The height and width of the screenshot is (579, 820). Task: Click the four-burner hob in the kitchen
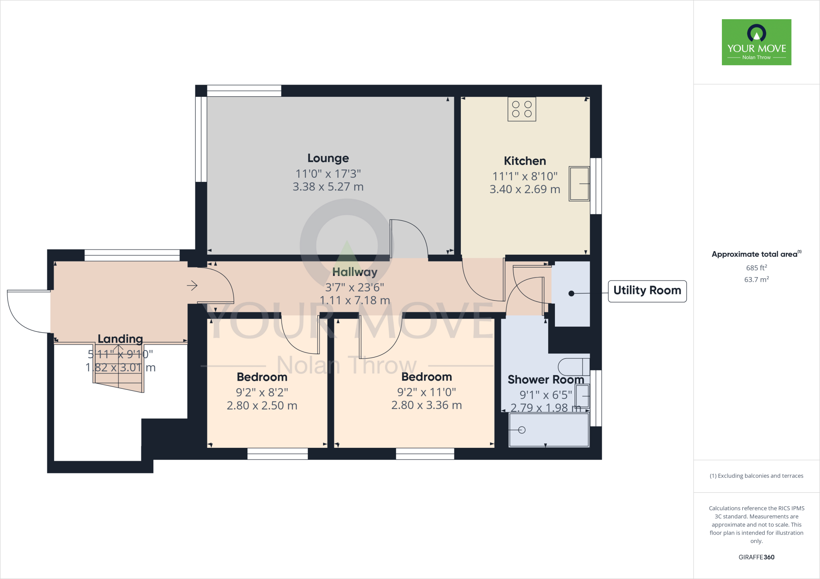click(x=522, y=109)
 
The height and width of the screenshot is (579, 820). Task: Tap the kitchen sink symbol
click(x=579, y=184)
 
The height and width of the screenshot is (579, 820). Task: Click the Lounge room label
click(x=328, y=158)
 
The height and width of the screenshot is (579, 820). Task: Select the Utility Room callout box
click(x=647, y=291)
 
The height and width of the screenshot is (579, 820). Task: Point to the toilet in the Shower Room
click(x=573, y=366)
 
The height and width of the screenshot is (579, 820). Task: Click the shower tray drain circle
click(x=521, y=430)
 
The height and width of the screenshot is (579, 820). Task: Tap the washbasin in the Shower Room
click(x=583, y=396)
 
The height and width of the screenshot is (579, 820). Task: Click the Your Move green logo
click(x=756, y=42)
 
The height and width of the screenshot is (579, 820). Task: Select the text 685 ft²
click(x=756, y=268)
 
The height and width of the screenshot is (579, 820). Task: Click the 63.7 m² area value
click(x=756, y=280)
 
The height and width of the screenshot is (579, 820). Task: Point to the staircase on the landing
click(x=119, y=368)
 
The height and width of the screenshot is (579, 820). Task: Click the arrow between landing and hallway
click(x=192, y=286)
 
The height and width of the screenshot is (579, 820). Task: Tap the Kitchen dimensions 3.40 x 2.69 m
click(x=525, y=190)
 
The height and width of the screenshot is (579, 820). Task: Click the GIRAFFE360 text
click(x=756, y=557)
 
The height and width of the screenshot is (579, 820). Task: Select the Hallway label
click(x=355, y=272)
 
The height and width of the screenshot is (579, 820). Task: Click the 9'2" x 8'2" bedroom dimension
click(x=262, y=393)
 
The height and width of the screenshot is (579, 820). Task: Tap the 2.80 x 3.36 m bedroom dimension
click(x=426, y=405)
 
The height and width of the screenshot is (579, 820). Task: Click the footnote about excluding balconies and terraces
click(x=756, y=476)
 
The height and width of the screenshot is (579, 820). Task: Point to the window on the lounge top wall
click(x=244, y=91)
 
